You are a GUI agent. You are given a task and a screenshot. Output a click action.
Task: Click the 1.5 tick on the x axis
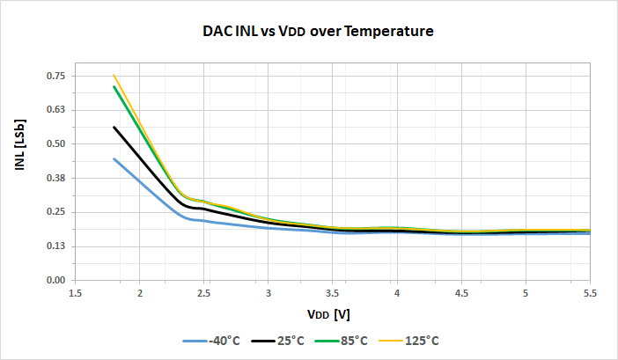[75, 293]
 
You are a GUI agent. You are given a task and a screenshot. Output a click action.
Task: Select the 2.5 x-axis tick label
[203, 293]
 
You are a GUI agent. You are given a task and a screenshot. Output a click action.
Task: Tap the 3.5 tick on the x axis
[333, 293]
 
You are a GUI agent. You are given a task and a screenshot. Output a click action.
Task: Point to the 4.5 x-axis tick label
[461, 293]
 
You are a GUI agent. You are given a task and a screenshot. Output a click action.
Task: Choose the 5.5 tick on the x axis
[590, 293]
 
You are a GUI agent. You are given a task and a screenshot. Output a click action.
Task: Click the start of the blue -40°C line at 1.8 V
[114, 158]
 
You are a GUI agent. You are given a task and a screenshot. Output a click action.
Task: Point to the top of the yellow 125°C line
[114, 76]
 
